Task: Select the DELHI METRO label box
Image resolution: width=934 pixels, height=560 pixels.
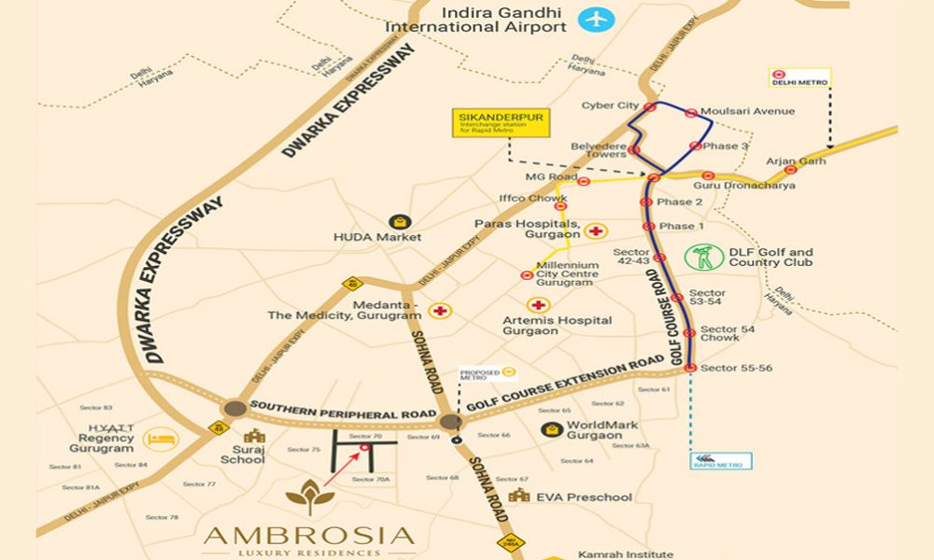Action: tap(799, 78)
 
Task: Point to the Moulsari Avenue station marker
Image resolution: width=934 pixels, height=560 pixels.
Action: tap(690, 113)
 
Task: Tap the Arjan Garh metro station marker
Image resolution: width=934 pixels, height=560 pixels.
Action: tap(790, 169)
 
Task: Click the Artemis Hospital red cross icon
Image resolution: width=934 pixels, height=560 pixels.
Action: tap(537, 305)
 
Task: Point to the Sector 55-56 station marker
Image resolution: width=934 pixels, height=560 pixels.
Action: tap(689, 369)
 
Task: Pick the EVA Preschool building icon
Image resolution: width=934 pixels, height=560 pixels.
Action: tap(520, 497)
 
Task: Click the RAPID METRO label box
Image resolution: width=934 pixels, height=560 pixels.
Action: tap(722, 459)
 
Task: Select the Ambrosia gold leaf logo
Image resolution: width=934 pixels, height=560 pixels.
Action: tap(307, 497)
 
